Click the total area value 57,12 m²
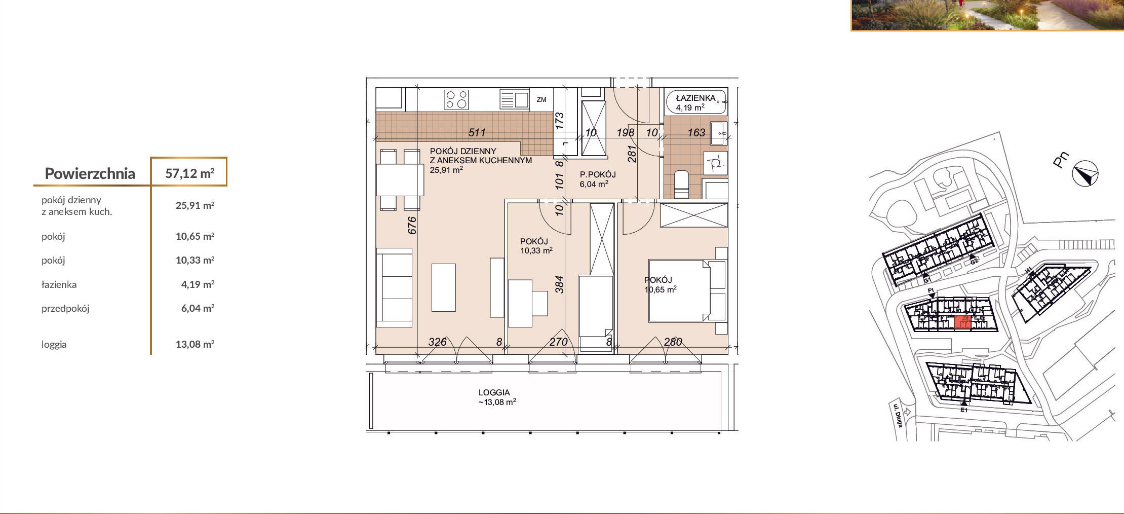click(190, 173)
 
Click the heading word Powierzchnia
click(90, 173)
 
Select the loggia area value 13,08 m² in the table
click(195, 344)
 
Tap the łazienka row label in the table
click(59, 284)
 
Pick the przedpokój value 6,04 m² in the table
click(198, 308)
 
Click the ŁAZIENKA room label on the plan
click(696, 98)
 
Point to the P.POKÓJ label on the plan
click(598, 174)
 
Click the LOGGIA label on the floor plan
click(494, 392)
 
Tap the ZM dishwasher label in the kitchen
click(541, 100)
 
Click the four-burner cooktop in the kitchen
click(456, 99)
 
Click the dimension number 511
click(477, 132)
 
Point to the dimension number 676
click(412, 225)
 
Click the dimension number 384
click(559, 284)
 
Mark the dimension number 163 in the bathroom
click(696, 132)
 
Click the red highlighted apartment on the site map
click(962, 322)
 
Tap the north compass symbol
click(1085, 174)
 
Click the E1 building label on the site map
click(964, 410)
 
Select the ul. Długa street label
click(898, 415)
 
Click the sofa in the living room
click(394, 287)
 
